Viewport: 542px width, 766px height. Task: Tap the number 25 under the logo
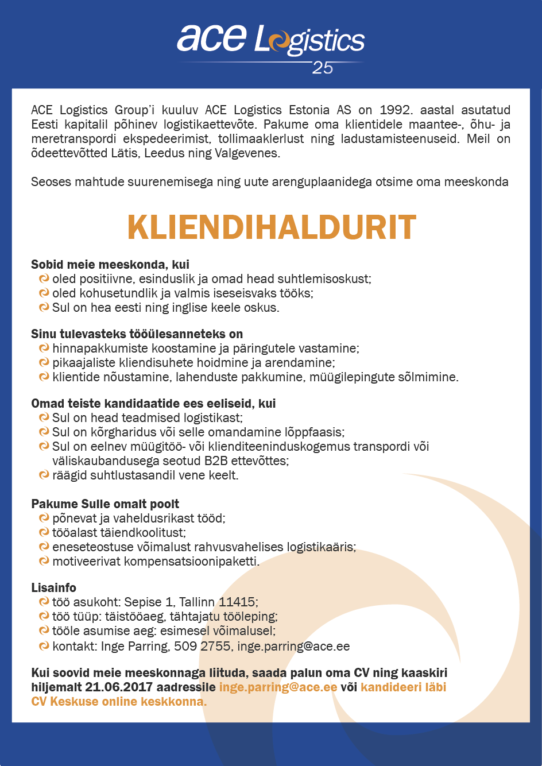point(323,68)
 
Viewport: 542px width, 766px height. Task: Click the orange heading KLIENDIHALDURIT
point(272,227)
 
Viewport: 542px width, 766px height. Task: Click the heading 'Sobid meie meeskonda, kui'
point(110,265)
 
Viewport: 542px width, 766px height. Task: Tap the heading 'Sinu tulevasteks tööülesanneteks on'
point(137,334)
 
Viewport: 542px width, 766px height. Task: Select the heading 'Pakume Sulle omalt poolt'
point(105,504)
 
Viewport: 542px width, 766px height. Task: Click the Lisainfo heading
point(53,588)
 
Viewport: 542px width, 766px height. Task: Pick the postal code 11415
point(237,602)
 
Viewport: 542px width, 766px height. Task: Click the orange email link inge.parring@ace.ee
point(278,687)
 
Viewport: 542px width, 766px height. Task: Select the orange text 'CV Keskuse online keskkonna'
point(118,702)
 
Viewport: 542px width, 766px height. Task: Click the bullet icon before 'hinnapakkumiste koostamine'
point(44,348)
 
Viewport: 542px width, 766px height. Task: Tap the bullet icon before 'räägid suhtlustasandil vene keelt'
point(44,475)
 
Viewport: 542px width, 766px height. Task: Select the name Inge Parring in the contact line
point(134,646)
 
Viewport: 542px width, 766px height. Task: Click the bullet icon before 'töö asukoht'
point(44,602)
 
